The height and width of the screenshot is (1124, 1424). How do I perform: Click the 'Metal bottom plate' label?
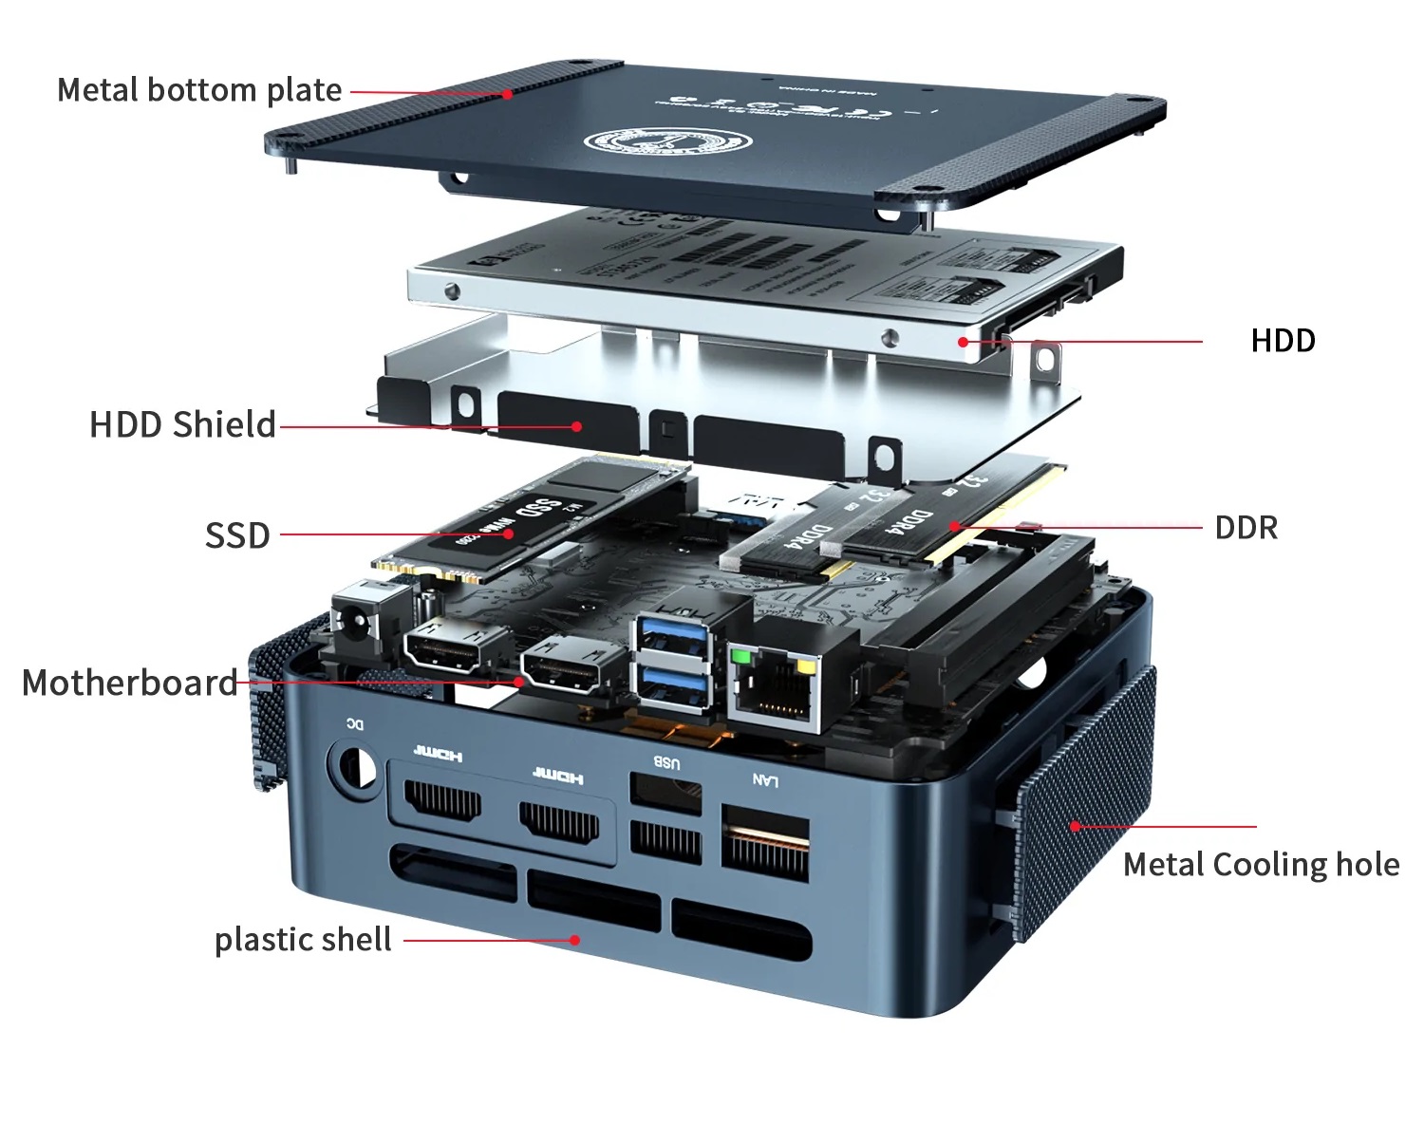tap(199, 90)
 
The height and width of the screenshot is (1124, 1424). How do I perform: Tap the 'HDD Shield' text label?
tap(182, 424)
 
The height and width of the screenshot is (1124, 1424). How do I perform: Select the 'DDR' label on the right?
tap(1246, 528)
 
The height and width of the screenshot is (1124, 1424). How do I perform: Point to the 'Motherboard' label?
tap(129, 683)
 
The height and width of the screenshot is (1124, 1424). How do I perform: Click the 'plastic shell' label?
tap(303, 940)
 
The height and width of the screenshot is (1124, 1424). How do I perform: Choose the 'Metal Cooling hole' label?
tap(1261, 865)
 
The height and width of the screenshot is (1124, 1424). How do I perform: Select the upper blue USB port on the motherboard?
tap(674, 636)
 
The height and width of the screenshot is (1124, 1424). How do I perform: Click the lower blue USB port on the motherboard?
tap(674, 686)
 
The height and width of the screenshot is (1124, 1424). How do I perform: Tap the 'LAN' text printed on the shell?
tap(764, 780)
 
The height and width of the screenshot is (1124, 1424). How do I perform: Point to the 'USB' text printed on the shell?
tap(666, 762)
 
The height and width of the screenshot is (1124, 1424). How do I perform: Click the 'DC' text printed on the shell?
tap(353, 725)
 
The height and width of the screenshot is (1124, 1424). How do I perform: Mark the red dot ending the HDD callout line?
tap(963, 342)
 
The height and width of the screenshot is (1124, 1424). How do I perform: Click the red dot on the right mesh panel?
tap(1075, 827)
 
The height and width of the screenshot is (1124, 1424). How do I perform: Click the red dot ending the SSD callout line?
tap(509, 534)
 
